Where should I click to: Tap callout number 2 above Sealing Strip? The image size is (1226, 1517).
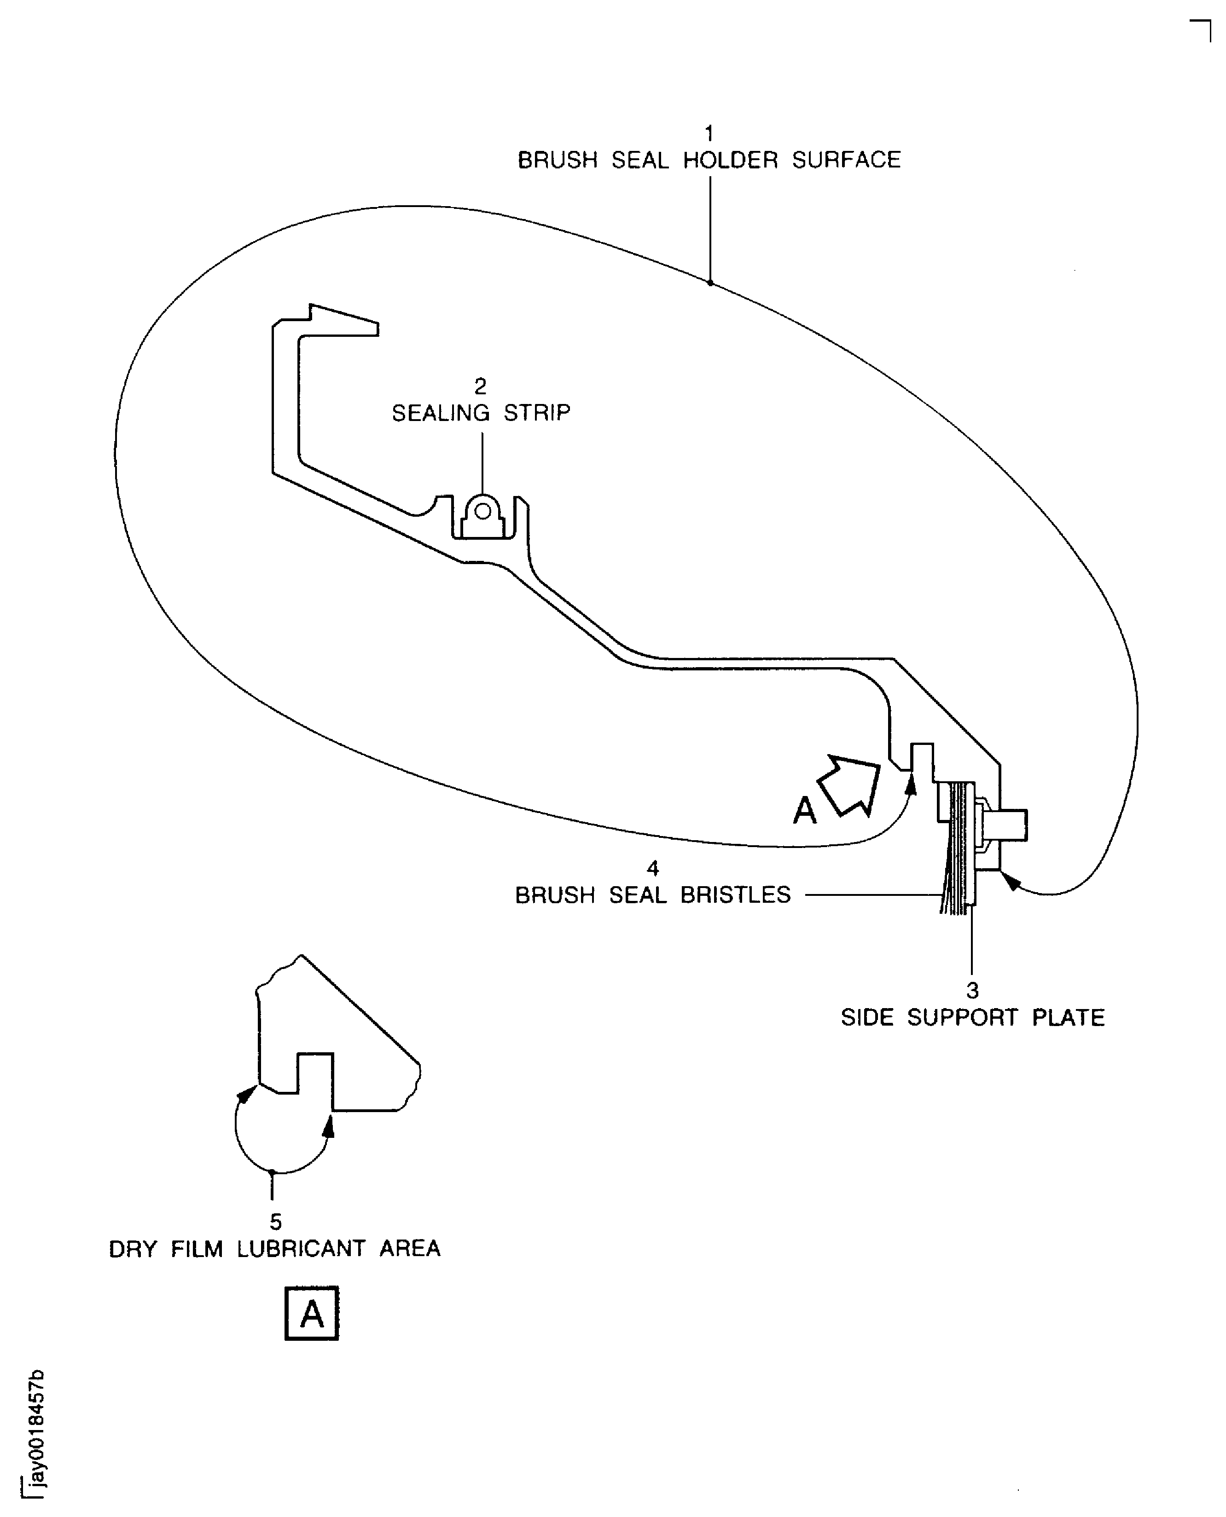coord(480,386)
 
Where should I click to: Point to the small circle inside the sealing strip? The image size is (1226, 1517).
coord(482,510)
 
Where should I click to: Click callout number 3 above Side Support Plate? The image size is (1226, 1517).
coord(972,991)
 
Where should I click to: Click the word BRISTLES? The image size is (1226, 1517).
coord(735,895)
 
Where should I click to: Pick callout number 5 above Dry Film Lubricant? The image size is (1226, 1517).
coord(275,1222)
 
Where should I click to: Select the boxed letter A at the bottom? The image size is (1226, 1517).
coord(311,1313)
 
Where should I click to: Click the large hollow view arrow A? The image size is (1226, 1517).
coord(849,786)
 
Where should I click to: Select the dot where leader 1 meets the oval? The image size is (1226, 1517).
coord(710,283)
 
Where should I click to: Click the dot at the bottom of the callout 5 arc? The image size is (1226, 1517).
coord(272,1172)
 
